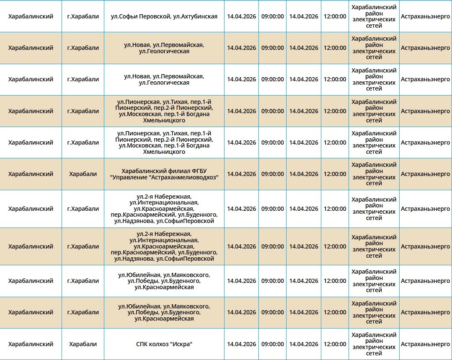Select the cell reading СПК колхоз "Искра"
coord(164,344)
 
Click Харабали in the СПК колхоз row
coord(83,344)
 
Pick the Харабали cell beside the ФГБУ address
coord(83,174)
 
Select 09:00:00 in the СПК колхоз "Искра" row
coord(273,344)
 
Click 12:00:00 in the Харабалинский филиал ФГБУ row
coord(335,174)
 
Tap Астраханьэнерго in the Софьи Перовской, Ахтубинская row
coord(425,16)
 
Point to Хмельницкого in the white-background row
coord(164,152)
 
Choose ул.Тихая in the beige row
coord(176,102)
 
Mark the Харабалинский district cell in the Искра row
coord(31,344)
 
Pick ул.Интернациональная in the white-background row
coord(164,202)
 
